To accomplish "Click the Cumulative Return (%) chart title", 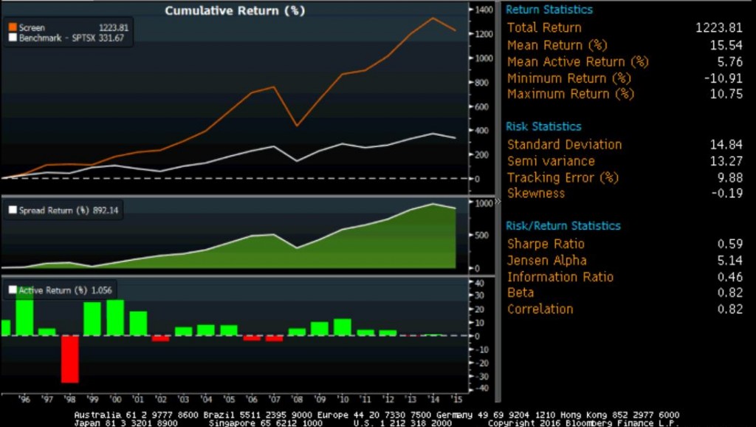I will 234,11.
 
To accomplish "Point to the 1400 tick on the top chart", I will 484,10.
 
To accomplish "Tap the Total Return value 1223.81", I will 719,28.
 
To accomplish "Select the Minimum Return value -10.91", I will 725,78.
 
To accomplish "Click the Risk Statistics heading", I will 543,126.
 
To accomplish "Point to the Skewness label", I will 536,194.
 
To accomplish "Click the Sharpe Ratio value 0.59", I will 730,244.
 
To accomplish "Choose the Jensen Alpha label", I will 547,260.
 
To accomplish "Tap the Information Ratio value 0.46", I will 730,277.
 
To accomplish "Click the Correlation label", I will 540,309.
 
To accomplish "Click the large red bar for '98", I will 69,359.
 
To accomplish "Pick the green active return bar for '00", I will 115,318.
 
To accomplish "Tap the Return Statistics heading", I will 549,10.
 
